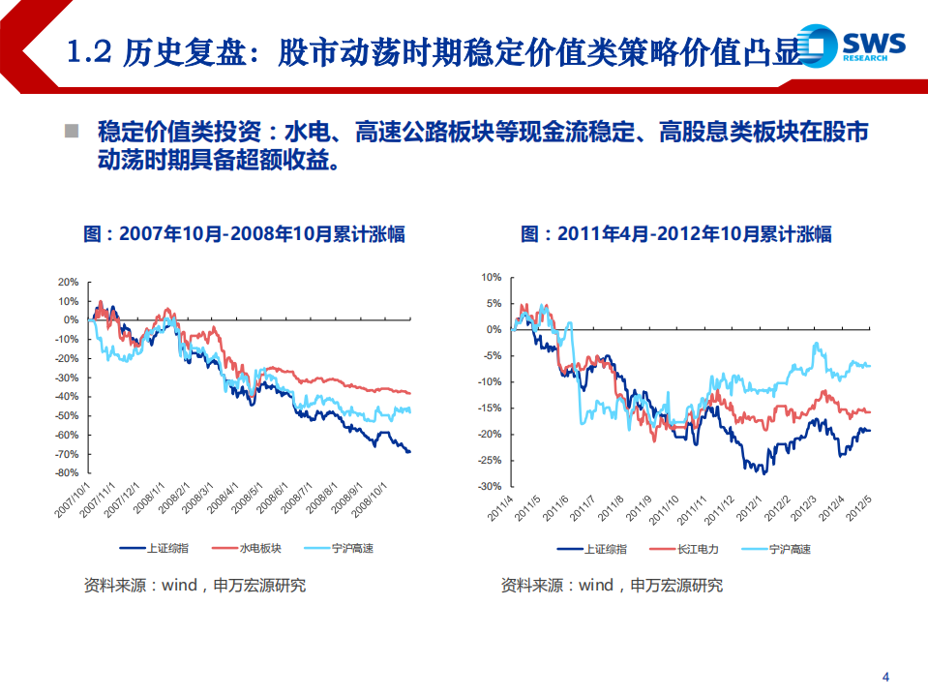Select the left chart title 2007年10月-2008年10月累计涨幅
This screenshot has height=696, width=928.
click(244, 234)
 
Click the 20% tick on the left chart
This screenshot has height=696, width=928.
click(68, 282)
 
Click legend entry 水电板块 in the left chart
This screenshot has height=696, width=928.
click(260, 549)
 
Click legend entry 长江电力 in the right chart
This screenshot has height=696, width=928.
click(698, 549)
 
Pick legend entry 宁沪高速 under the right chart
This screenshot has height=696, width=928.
click(790, 549)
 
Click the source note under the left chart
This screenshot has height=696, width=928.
click(195, 586)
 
